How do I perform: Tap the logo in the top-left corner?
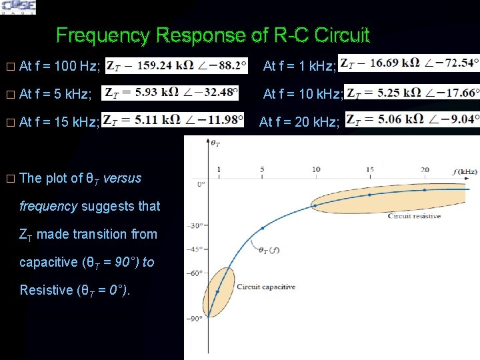tap(19, 7)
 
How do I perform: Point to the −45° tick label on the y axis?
tap(194, 250)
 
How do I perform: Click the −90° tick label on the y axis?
tap(194, 319)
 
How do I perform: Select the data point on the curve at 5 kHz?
tap(262, 228)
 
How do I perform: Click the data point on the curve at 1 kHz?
tap(218, 291)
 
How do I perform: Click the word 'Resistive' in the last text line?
tap(43, 290)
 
